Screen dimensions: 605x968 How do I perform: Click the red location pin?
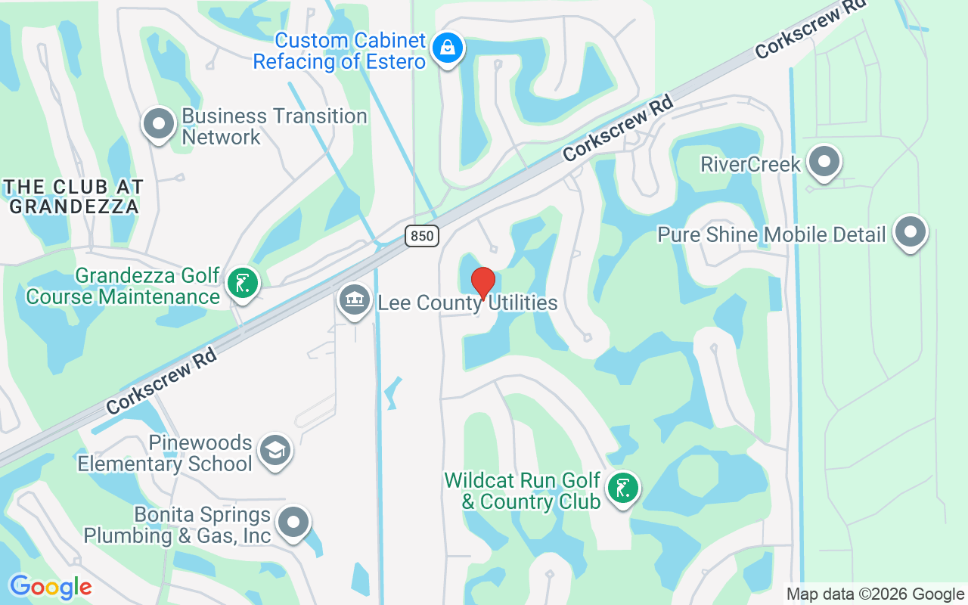tap(482, 283)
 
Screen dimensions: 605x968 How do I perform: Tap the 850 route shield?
tap(421, 236)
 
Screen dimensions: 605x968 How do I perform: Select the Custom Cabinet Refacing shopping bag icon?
tap(448, 48)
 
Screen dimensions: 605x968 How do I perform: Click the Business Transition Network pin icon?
tap(159, 123)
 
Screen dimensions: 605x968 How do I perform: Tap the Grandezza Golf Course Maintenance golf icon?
tap(242, 284)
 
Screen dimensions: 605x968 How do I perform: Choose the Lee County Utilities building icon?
tap(354, 301)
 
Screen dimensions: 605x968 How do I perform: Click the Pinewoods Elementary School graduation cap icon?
tap(275, 451)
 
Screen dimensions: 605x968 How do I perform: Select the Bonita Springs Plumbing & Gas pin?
tap(293, 523)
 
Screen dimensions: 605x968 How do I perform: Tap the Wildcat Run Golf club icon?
tap(622, 489)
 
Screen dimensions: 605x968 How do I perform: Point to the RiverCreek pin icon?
tap(824, 162)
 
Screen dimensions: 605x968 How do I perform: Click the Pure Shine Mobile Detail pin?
tap(910, 232)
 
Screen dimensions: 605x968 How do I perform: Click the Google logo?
tap(51, 587)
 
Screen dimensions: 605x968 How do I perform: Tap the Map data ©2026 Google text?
tap(875, 594)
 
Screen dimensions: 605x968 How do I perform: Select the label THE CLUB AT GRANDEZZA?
tap(73, 196)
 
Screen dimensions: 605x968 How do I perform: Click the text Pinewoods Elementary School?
tap(165, 453)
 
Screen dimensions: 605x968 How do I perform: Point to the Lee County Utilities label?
tap(467, 304)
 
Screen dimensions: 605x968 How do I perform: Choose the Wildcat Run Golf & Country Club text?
tap(523, 491)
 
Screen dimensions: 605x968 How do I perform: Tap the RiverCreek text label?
tap(750, 164)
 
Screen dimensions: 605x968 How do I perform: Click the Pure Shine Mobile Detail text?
tap(771, 234)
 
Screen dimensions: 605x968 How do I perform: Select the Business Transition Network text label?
tap(274, 126)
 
